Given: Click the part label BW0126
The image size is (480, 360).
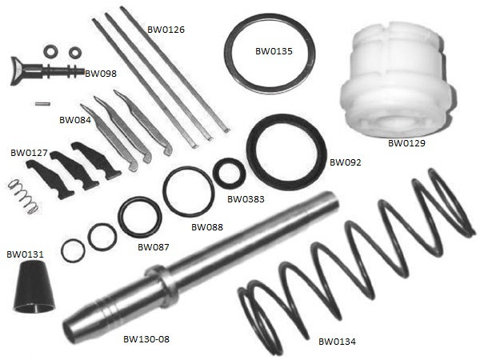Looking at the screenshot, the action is (x=166, y=30).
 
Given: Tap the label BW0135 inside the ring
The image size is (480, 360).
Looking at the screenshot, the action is (x=274, y=51).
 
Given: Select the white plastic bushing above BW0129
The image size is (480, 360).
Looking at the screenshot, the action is (x=398, y=78).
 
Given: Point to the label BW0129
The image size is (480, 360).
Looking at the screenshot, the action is (x=406, y=143).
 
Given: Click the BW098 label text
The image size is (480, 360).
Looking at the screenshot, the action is (x=101, y=74).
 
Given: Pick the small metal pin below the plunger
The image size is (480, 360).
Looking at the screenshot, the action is (x=42, y=104).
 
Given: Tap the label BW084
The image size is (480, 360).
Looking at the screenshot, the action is (x=75, y=120).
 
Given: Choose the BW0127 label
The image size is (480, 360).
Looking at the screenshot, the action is (x=29, y=153).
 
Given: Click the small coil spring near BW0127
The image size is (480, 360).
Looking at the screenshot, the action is (x=23, y=197).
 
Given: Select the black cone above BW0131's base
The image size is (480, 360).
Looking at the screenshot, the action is (x=34, y=287).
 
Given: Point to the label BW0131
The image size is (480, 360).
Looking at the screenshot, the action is (x=25, y=254).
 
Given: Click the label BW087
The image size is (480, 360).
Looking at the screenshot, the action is (x=154, y=247).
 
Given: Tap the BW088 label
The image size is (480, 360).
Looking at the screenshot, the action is (x=207, y=227).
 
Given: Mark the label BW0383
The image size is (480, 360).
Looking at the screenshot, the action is (x=246, y=199).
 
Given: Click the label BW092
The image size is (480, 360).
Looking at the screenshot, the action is (x=346, y=162).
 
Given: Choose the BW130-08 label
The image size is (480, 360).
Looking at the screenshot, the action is (x=146, y=339).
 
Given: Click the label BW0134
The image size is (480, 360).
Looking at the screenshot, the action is (x=337, y=342).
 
